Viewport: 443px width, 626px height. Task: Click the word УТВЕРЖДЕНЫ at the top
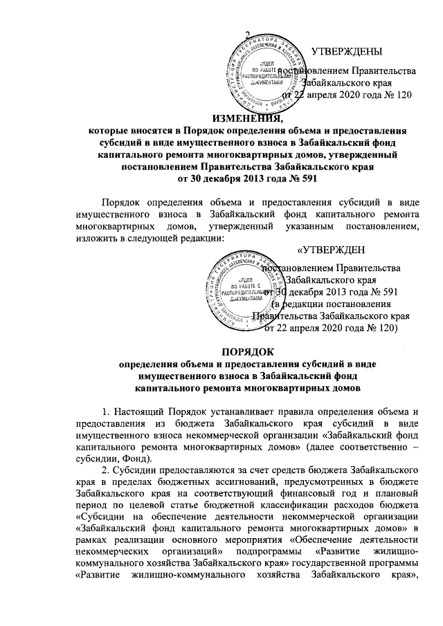(347, 51)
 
